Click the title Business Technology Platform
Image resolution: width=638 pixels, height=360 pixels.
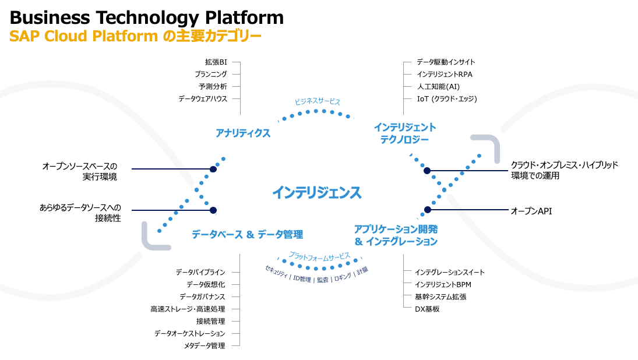coord(147,17)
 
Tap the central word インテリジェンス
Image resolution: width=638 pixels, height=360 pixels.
coord(316,192)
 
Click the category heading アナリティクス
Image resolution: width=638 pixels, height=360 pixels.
coord(243,133)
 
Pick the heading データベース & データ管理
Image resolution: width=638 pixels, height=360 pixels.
coord(247,235)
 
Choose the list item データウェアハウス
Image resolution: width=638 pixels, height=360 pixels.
coord(203,99)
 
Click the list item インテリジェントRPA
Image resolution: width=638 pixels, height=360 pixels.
coord(445,75)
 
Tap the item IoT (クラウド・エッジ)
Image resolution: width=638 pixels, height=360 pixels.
coord(447,99)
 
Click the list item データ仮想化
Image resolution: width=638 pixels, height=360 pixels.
coord(206,284)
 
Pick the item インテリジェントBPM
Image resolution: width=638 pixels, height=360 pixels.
coord(443,284)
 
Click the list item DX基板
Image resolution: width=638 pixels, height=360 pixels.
coord(427,309)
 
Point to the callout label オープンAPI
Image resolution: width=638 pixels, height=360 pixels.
coord(531,211)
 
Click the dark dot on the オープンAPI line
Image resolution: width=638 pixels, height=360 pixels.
coord(428,210)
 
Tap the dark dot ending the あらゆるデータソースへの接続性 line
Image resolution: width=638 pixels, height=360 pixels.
coord(213,210)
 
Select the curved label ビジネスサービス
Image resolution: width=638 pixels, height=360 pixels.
coord(317,101)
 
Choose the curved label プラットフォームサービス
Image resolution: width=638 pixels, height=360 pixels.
coord(320,256)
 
